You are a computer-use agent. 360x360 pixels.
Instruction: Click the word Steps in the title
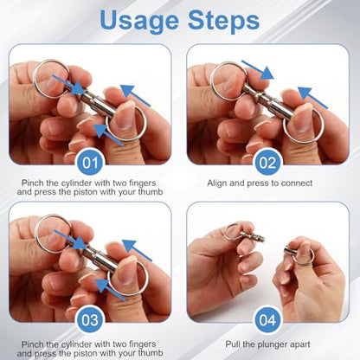click(223, 20)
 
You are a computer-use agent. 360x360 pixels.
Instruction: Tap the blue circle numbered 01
click(90, 163)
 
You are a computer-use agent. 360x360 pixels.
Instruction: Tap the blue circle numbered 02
click(267, 163)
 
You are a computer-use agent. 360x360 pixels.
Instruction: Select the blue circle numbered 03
click(90, 320)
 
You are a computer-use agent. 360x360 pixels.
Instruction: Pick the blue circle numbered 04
click(267, 320)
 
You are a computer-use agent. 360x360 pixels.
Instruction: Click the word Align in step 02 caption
click(217, 183)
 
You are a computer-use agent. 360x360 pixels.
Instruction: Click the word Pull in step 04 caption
click(232, 344)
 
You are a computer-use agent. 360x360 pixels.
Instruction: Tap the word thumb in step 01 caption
click(151, 192)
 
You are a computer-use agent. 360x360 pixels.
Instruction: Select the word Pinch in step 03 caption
click(33, 344)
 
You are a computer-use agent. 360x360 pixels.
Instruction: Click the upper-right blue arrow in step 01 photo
click(136, 95)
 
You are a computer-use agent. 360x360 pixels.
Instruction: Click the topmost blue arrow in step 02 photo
click(257, 69)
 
